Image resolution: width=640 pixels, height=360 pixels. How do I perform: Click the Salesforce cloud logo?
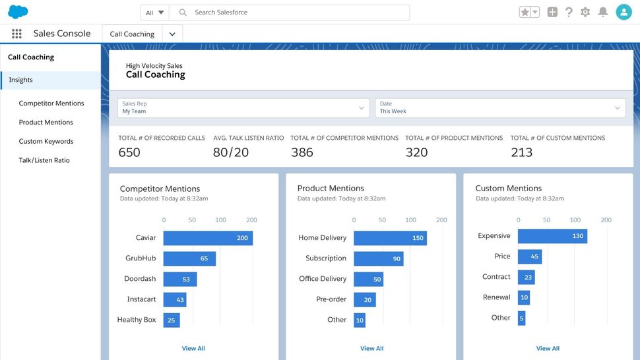click(x=18, y=12)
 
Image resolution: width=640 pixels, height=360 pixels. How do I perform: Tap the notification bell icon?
click(x=602, y=12)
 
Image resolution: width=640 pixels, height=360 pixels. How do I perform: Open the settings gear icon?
click(x=585, y=12)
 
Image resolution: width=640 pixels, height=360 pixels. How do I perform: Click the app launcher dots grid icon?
click(x=17, y=34)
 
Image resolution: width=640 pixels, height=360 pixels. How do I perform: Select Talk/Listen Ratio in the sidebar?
click(x=44, y=160)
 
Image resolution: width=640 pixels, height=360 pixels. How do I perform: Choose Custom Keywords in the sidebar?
click(x=46, y=141)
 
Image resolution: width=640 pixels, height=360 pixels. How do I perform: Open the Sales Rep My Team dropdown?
click(x=243, y=108)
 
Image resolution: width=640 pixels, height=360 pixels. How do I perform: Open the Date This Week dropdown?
click(x=500, y=108)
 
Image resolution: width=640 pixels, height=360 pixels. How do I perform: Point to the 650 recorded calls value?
click(x=129, y=152)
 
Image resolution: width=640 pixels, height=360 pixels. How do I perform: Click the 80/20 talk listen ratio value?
click(x=231, y=152)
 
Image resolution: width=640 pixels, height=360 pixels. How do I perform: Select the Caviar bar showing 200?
click(x=208, y=238)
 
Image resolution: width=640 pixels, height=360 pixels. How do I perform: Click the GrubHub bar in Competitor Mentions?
click(x=189, y=258)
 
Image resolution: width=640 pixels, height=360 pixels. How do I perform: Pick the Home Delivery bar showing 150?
click(x=390, y=238)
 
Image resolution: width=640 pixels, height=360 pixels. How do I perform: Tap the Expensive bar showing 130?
click(x=552, y=236)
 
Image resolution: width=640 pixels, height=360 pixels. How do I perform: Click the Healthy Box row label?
click(x=137, y=320)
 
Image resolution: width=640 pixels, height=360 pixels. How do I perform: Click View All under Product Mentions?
click(x=371, y=348)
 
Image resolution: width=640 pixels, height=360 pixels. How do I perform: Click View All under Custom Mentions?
click(x=548, y=348)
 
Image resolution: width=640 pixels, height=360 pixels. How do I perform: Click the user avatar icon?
click(x=624, y=12)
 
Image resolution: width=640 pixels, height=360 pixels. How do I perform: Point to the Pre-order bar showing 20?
click(x=365, y=299)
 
